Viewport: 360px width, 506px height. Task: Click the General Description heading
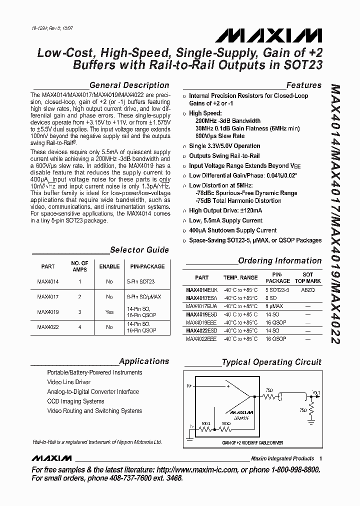[x=129, y=85]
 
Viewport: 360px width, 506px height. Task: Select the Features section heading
[x=303, y=85]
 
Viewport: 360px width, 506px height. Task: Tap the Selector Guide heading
[x=139, y=250]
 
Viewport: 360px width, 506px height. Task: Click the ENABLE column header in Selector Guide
[x=109, y=266]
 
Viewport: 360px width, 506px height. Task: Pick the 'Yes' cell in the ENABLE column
[x=109, y=311]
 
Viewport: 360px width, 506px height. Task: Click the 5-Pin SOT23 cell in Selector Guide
[x=140, y=281]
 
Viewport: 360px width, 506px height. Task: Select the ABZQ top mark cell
[x=308, y=289]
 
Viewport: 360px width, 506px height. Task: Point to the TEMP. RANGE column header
[x=240, y=277]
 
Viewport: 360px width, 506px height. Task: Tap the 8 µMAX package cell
[x=274, y=306]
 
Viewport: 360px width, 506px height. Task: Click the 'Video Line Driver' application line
[x=69, y=382]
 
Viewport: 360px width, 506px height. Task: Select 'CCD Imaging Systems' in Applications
[x=75, y=401]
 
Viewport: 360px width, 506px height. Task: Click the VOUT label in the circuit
[x=316, y=392]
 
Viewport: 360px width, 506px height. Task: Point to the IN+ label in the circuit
[x=189, y=386]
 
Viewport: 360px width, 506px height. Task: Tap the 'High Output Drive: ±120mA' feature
[x=225, y=210]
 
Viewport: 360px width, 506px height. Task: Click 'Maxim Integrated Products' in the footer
[x=282, y=458]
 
